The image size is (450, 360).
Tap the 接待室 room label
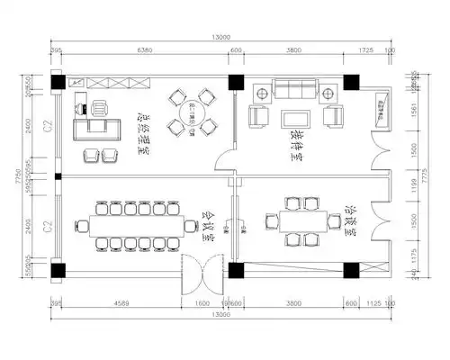click(295, 144)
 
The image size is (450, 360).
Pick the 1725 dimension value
click(366, 50)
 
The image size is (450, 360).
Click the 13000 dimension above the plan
click(221, 37)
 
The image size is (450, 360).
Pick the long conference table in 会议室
click(136, 221)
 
